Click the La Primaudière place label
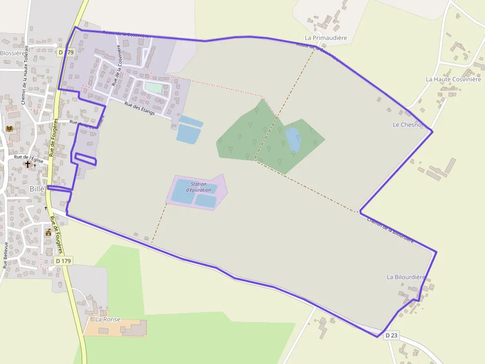[326, 38]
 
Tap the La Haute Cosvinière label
[453, 79]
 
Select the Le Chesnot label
[408, 125]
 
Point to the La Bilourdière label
[406, 277]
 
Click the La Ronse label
[108, 320]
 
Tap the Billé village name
[37, 189]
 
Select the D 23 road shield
[391, 336]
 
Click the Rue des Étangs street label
[140, 109]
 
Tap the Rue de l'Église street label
[29, 159]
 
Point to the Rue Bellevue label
[6, 255]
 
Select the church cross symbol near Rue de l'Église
[28, 163]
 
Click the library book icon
[9, 129]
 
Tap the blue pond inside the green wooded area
[293, 139]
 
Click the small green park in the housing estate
[153, 88]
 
